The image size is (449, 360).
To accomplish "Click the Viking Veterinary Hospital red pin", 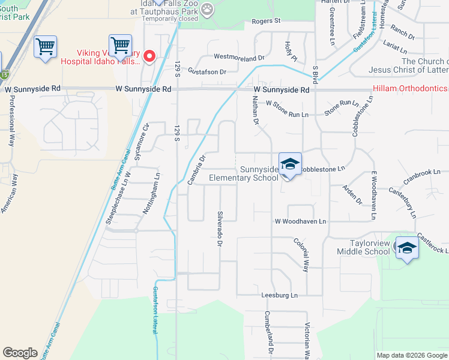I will click(149, 57).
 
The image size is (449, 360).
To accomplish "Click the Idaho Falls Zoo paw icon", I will click(207, 9).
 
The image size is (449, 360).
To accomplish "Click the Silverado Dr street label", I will click(220, 229).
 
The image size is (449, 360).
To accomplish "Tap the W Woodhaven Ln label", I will click(300, 221).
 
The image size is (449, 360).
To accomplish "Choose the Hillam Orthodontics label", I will click(411, 89).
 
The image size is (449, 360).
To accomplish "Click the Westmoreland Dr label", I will click(239, 58).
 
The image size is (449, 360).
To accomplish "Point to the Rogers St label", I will click(266, 21).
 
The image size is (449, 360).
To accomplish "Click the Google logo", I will click(20, 352).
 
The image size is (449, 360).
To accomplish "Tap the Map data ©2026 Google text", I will click(411, 355).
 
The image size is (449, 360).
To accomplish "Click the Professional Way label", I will click(11, 118).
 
